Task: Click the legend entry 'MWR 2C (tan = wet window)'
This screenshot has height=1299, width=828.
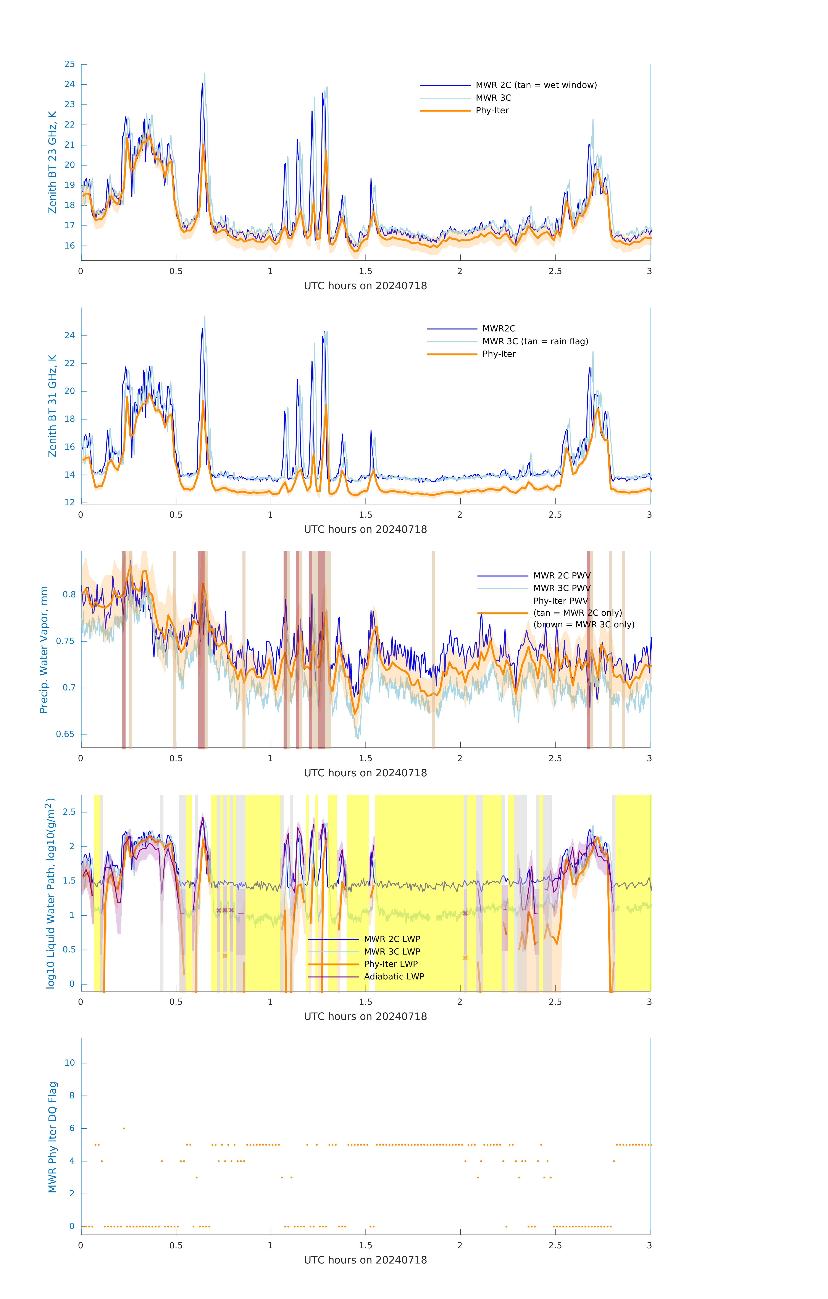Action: (x=536, y=85)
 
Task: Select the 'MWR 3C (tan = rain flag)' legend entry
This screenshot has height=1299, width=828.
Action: (x=534, y=341)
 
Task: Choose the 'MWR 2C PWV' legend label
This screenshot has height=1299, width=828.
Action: (x=562, y=576)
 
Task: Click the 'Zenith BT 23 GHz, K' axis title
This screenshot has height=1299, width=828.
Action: (x=52, y=162)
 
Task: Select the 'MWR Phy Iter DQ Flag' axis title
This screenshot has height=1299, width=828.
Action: (x=52, y=1137)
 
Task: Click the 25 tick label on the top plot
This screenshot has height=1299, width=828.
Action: (x=69, y=64)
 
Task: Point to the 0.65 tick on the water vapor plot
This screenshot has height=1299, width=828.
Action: (x=65, y=734)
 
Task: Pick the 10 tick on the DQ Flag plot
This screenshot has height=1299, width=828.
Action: (x=69, y=1063)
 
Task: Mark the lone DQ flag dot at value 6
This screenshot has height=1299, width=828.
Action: (x=124, y=1128)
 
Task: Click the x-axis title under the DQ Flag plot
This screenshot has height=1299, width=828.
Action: (x=365, y=1260)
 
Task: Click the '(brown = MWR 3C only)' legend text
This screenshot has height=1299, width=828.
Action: (x=584, y=625)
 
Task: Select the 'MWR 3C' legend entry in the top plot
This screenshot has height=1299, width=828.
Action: (x=493, y=98)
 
